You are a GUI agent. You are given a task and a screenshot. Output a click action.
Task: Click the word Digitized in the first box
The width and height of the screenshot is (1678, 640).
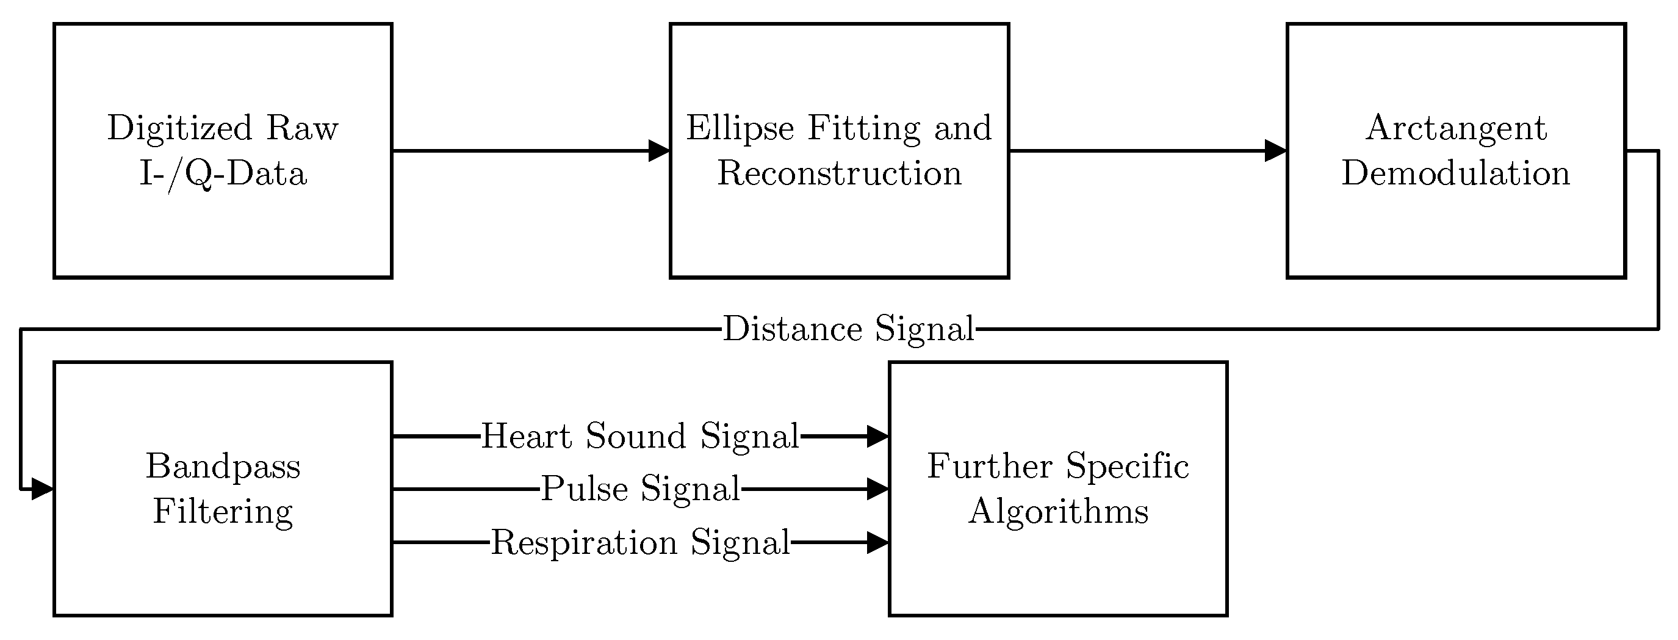coord(179,128)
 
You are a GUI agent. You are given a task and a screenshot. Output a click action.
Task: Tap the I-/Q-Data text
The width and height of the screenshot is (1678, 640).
coord(223,174)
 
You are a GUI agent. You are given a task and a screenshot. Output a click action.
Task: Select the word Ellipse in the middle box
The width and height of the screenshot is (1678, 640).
coord(740,128)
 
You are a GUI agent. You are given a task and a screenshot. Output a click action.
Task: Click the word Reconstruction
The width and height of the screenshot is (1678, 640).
coord(839,174)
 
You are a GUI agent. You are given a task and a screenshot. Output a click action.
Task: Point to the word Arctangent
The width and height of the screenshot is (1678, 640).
coord(1456,128)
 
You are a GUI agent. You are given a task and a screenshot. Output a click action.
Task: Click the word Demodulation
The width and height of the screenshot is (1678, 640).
coord(1456,174)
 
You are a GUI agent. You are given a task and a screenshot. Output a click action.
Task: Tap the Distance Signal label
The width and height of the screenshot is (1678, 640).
coord(848,329)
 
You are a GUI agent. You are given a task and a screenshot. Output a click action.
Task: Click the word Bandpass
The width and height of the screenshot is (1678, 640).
coord(223,467)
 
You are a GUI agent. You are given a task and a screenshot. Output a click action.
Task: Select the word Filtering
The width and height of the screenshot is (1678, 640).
coord(223,512)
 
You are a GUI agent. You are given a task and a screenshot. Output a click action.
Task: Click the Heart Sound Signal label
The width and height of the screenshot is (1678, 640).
coord(639,436)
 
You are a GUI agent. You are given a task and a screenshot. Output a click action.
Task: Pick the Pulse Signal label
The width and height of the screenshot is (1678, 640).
coord(640,489)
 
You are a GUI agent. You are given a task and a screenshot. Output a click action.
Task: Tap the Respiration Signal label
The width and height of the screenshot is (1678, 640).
coord(639,542)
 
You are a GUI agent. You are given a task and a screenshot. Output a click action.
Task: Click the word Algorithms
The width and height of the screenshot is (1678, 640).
coord(1058,512)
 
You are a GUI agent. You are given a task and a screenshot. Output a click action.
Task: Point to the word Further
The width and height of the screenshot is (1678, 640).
coord(989,467)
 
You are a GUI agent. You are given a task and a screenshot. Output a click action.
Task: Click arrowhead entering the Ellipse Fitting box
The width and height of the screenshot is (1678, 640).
coord(659,151)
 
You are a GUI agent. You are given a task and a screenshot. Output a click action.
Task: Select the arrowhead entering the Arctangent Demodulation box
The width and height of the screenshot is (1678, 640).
coord(1275,151)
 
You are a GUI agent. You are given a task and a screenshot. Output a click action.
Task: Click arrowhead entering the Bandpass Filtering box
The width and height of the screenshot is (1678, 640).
coord(42,489)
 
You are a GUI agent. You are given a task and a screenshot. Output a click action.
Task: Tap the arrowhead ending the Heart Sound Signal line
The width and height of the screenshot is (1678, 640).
coord(878,436)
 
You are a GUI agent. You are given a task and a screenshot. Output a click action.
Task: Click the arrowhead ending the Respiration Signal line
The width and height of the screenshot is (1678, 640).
coord(878,542)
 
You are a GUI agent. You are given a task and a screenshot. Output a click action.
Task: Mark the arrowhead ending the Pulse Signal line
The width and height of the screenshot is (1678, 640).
coord(878,489)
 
